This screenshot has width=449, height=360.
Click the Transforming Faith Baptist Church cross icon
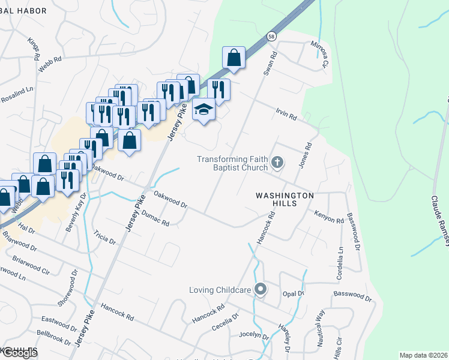[x=277, y=161]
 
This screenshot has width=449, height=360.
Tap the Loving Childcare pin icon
[x=260, y=290]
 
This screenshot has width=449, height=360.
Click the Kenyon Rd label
[x=328, y=216]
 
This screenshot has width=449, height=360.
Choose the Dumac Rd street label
[x=157, y=220]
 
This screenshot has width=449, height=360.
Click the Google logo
[x=19, y=353]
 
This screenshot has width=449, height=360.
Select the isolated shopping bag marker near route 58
[x=234, y=58]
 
